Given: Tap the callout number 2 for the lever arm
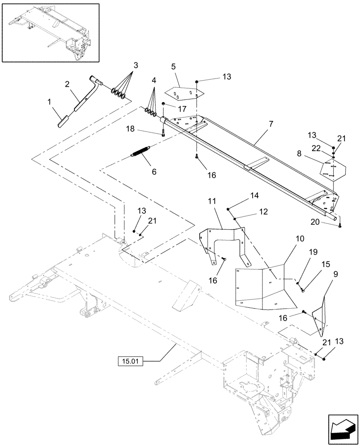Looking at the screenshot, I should (x=67, y=83).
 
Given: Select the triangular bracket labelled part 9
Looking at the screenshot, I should (x=321, y=317).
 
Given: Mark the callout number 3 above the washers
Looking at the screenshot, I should (x=132, y=64).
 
